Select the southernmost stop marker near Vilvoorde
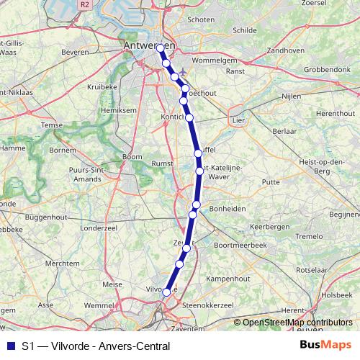pyautogui.click(x=166, y=292)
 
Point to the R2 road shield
pyautogui.click(x=85, y=4)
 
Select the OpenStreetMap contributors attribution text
pyautogui.click(x=297, y=322)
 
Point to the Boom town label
pyautogui.click(x=132, y=156)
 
